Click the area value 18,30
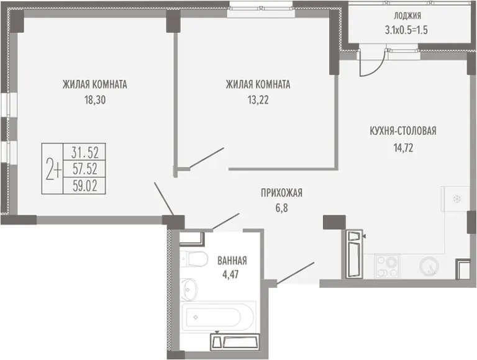click(95, 100)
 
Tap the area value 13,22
click(258, 100)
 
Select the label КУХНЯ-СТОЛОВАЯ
click(403, 131)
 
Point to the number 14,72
click(403, 148)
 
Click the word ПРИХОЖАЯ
click(282, 193)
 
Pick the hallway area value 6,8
click(282, 209)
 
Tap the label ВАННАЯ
click(232, 261)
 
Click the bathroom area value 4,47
click(230, 274)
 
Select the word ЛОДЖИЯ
click(407, 16)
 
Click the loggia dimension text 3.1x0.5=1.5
click(406, 30)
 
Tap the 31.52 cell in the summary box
click(84, 152)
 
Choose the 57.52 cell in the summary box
click(84, 169)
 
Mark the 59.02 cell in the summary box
click(84, 186)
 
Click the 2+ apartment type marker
click(53, 169)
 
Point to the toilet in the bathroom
click(194, 259)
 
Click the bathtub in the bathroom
click(217, 317)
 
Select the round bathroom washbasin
click(189, 289)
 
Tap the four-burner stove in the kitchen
click(388, 266)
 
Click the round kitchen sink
click(429, 266)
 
